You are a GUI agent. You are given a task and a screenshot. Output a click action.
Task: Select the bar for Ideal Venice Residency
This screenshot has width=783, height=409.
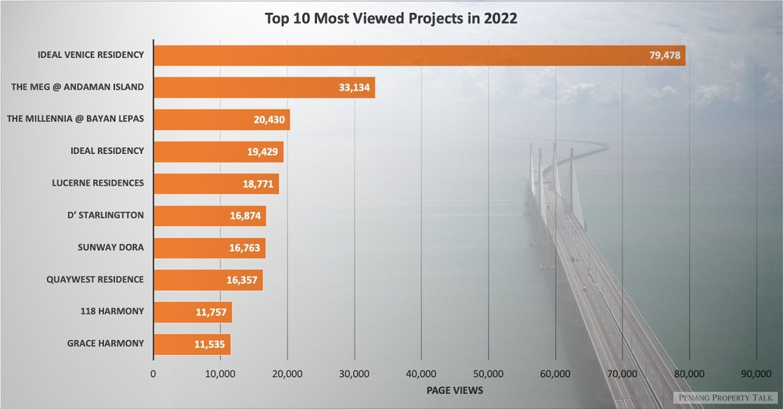click(x=419, y=55)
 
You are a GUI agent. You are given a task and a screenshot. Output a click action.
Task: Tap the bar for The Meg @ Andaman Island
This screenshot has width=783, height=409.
click(x=264, y=87)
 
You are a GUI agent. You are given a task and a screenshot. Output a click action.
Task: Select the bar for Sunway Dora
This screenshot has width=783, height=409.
click(x=209, y=248)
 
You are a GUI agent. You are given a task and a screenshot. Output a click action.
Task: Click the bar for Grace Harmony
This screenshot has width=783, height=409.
click(x=192, y=344)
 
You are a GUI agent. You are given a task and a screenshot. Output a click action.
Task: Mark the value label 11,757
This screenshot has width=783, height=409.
click(x=211, y=312)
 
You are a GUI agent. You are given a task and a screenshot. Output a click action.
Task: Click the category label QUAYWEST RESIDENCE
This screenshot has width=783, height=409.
click(x=95, y=279)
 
